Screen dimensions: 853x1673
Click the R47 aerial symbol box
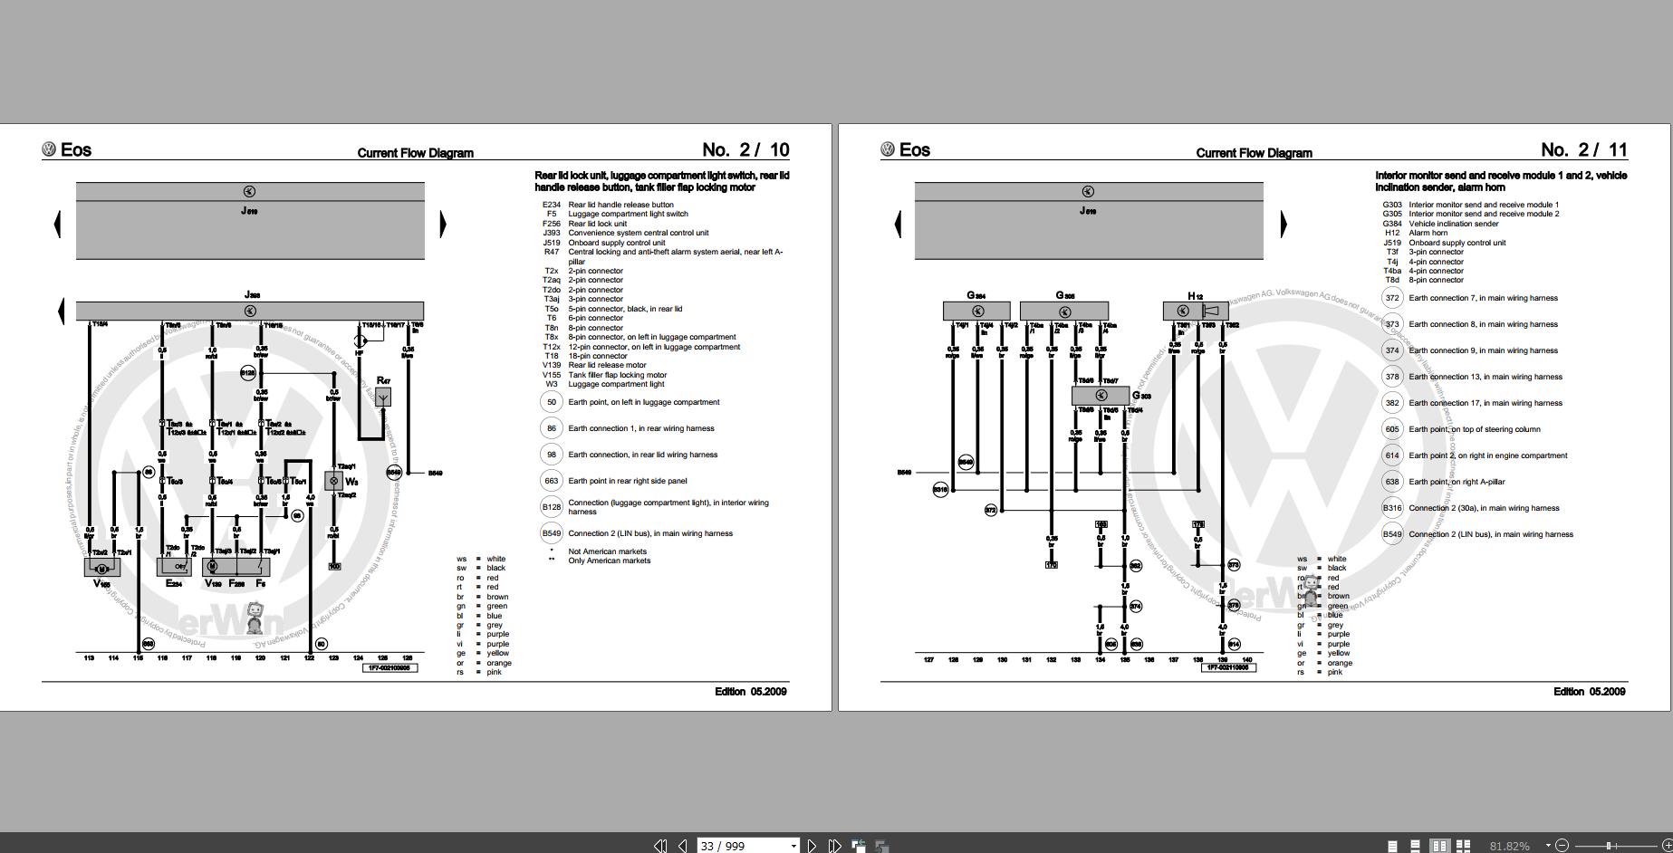383,397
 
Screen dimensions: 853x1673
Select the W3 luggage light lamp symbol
334,481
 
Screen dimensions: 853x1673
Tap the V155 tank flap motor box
101,568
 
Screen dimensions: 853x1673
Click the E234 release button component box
174,567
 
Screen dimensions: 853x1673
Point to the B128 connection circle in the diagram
247,373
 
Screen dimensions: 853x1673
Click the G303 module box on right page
1101,396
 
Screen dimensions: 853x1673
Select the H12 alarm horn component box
1195,311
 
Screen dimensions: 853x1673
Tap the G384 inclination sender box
976,311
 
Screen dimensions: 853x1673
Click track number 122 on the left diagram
309,658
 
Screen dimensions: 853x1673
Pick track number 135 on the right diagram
1124,659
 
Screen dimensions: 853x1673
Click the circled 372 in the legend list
1392,298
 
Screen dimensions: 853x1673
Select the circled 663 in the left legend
552,481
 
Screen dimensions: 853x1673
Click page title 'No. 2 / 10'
745,150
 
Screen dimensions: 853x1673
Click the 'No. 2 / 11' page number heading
1584,150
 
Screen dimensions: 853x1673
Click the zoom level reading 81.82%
1509,846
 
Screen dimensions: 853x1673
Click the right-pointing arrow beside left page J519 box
443,224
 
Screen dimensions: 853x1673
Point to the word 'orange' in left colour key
498,663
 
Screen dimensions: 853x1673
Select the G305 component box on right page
1063,311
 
